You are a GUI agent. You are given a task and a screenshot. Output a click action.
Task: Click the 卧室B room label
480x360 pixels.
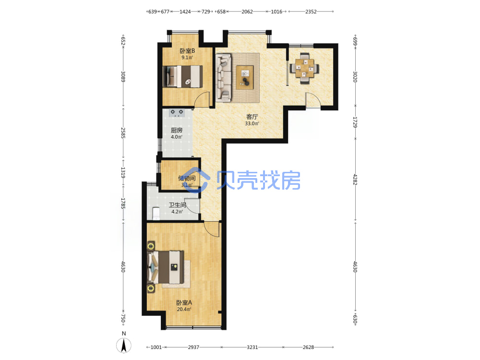pos(187,51)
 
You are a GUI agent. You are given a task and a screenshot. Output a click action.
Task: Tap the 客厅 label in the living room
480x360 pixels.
pos(252,117)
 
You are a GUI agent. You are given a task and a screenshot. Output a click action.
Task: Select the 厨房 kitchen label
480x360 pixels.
pos(177,130)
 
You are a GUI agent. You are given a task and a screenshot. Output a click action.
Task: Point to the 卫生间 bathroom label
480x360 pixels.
pos(177,205)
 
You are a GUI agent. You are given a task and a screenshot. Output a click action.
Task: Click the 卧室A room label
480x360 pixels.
pos(184,302)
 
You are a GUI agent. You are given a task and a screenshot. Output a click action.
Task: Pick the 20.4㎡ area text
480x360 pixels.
pos(184,309)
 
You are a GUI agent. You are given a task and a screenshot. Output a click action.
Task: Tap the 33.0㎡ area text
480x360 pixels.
pos(252,124)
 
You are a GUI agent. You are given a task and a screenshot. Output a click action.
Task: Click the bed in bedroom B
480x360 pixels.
pos(182,76)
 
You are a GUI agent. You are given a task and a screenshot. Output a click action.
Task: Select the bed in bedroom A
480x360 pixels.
pos(165,267)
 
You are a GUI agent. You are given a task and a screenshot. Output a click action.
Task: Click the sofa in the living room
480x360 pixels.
pos(223,77)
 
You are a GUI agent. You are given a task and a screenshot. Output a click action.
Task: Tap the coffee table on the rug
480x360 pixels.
pos(245,77)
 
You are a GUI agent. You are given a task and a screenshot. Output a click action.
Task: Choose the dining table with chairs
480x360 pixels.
pos(305,69)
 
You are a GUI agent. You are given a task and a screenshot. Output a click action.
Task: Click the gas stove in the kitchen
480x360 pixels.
pos(177,113)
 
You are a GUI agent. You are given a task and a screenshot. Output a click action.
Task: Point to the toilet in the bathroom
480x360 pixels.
pos(156,214)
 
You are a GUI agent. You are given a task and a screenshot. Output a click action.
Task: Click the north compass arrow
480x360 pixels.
pos(124,346)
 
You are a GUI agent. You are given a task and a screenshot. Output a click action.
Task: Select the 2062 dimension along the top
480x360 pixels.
pos(247,12)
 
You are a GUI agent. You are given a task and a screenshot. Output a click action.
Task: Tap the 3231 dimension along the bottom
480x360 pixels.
pos(252,347)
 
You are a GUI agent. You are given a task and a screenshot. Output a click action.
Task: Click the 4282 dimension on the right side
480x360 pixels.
pos(355,180)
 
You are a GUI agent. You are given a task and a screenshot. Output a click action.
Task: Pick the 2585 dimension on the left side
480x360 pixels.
pos(123,133)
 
